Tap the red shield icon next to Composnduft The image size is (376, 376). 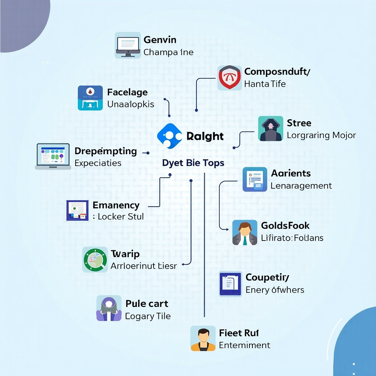coord(229,78)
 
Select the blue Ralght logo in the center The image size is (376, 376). coord(169,136)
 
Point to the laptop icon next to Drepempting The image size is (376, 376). coord(53,157)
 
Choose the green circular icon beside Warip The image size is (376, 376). coord(95,259)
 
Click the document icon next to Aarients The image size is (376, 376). coord(255,179)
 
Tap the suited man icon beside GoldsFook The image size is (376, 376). coord(245,233)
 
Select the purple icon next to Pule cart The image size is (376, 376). coord(109,308)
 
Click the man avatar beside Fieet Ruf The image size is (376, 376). coord(203,338)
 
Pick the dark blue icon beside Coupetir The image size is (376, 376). coord(230,284)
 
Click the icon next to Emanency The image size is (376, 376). coord(78,210)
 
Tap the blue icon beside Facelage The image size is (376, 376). coord(90,98)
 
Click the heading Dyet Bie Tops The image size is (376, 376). coord(193,163)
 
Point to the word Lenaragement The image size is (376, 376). coord(301,186)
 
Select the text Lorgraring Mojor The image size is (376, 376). coord(321,135)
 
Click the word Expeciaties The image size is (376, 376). coord(98,163)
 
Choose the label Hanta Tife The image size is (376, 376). coord(265,84)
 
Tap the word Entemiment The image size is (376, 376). coord(244,345)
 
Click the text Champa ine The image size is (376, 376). coord(168,52)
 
